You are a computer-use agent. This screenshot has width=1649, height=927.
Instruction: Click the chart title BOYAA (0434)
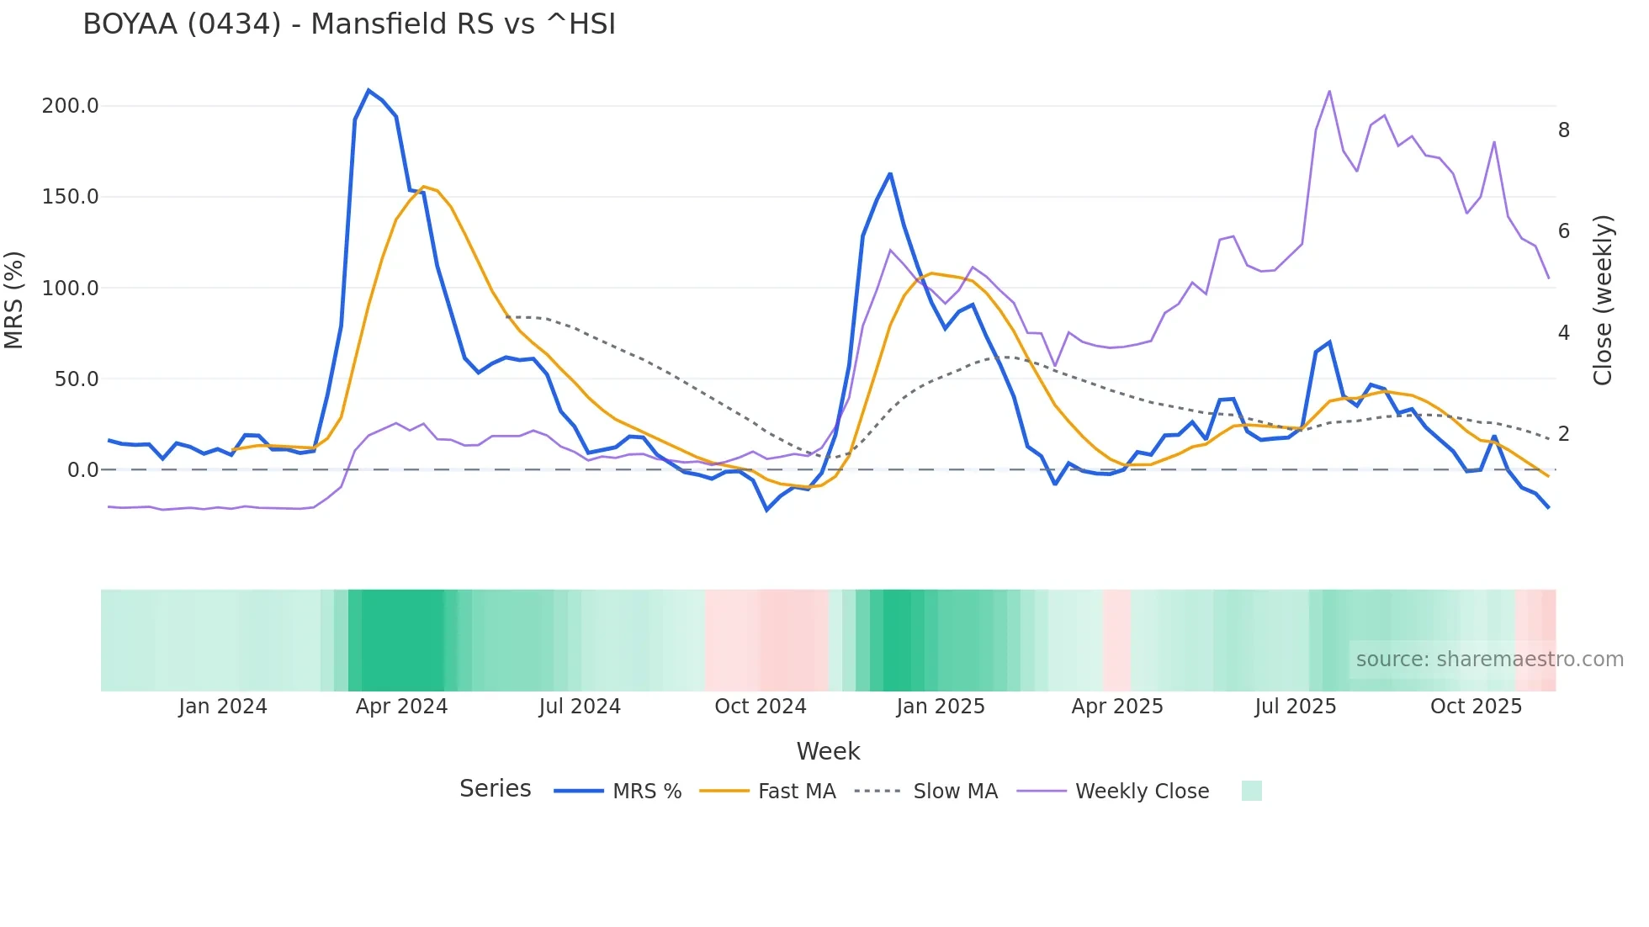(348, 24)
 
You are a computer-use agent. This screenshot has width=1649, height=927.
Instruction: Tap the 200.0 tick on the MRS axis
(70, 106)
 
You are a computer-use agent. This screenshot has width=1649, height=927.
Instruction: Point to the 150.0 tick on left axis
(70, 197)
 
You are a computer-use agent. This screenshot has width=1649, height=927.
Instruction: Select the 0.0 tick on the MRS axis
(82, 469)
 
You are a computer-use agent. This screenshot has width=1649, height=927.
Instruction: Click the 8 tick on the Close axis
(1563, 130)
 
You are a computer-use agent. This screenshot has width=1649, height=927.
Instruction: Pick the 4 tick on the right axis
(1563, 333)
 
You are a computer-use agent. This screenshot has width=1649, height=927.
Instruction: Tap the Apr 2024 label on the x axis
(401, 707)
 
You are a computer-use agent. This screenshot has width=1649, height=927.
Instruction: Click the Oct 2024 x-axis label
(760, 707)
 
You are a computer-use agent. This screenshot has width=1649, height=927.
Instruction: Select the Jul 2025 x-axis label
(1295, 707)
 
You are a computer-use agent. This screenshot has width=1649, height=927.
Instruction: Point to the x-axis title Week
(828, 751)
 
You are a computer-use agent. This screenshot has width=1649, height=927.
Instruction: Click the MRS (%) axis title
(13, 299)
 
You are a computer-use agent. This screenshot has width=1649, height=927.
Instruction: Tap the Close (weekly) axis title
(1603, 299)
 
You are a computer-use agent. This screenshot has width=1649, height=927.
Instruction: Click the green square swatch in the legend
(1251, 791)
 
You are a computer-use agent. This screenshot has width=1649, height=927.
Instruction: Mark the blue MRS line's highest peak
(369, 90)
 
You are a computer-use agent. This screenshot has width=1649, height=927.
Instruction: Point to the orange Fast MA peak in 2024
(423, 187)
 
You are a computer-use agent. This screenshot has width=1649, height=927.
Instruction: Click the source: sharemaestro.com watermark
(1489, 659)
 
